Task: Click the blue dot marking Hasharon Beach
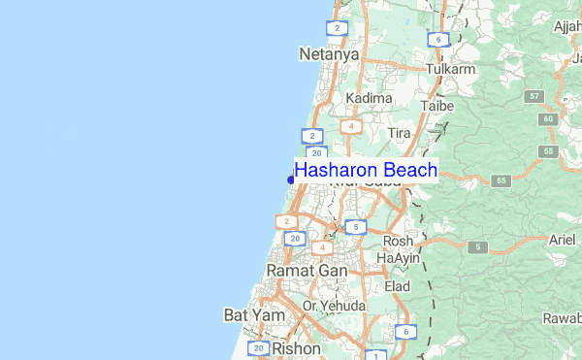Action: [x=291, y=180]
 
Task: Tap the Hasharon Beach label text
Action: [x=366, y=171]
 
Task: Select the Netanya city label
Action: [x=329, y=54]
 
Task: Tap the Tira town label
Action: [x=400, y=132]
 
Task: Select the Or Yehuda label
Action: [x=334, y=306]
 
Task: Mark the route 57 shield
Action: [x=534, y=97]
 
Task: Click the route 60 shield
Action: [x=549, y=118]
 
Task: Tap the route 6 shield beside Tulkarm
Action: [x=438, y=40]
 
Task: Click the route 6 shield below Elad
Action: [x=404, y=332]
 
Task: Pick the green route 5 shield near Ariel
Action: [x=478, y=247]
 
